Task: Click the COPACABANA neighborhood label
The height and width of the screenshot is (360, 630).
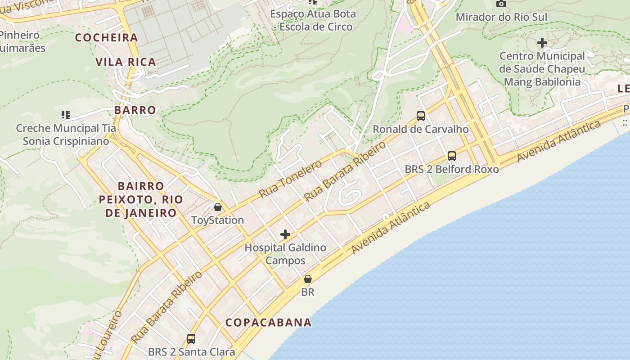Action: [268, 322]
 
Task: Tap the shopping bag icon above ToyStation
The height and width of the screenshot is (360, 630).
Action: [218, 207]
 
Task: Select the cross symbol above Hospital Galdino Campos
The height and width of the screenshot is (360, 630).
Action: [285, 234]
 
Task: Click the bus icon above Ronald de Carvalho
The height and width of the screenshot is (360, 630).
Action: [421, 116]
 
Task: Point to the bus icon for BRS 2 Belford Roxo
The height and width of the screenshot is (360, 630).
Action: [452, 156]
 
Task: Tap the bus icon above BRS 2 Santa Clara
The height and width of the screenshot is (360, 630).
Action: [191, 338]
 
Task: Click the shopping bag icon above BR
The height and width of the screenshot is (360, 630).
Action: [308, 279]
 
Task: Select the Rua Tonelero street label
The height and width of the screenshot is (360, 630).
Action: [291, 179]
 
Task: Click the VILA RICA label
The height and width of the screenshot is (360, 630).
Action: [126, 62]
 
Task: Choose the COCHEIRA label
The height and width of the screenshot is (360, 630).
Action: [106, 37]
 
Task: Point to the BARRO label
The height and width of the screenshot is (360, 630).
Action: [135, 110]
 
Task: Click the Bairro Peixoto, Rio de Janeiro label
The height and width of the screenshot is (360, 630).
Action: [141, 199]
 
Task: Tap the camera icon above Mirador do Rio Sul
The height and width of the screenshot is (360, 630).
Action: [501, 4]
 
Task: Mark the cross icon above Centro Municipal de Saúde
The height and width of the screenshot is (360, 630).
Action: [542, 43]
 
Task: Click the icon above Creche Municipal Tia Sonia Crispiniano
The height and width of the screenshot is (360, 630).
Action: [66, 115]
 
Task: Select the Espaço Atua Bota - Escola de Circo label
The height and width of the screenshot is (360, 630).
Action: [313, 20]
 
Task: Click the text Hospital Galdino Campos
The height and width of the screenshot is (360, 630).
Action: [285, 254]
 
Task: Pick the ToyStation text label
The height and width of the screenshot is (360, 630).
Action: [218, 220]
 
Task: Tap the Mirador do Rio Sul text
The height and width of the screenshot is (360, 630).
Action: [501, 17]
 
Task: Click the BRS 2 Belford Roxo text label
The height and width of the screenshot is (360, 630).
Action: [452, 169]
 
